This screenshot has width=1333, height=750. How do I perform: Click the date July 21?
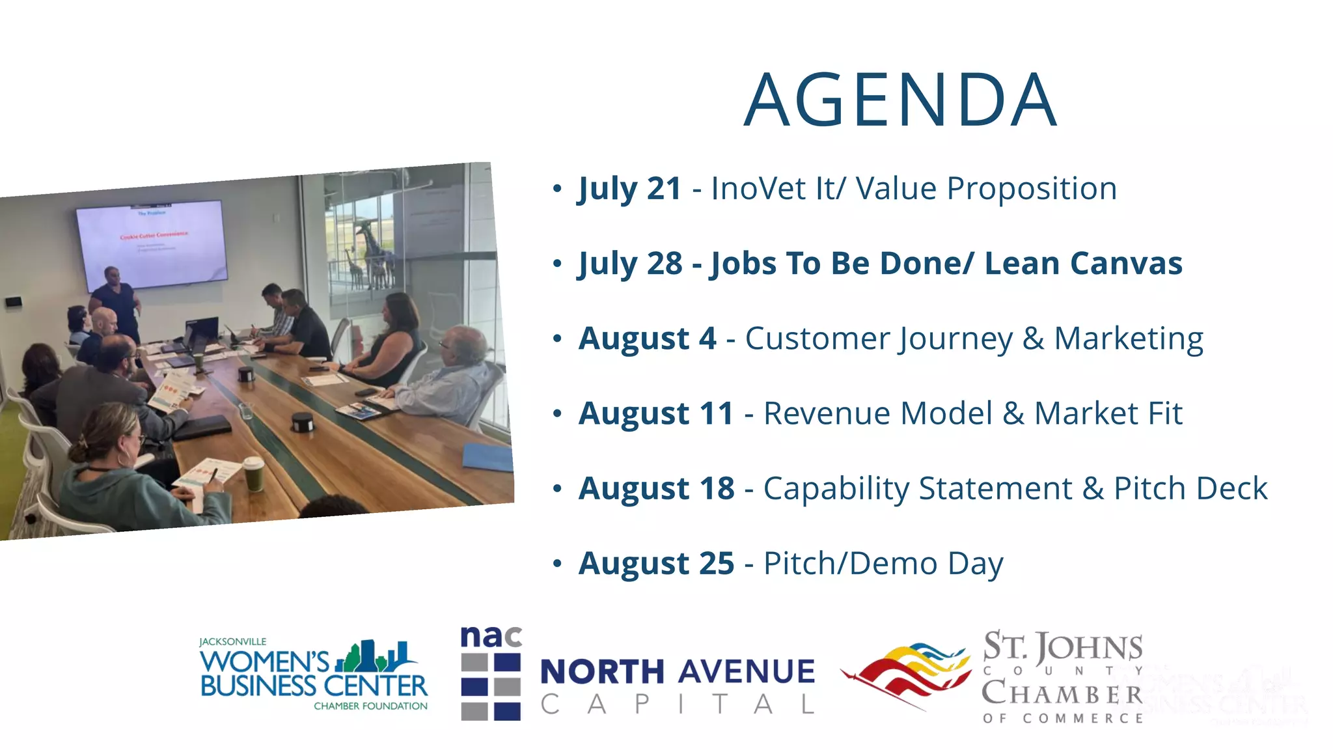[629, 189]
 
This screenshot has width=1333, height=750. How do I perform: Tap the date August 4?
[647, 339]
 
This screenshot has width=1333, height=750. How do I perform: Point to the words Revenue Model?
[877, 413]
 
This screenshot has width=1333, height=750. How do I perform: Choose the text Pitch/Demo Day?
[883, 563]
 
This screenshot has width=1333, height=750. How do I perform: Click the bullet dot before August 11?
[557, 414]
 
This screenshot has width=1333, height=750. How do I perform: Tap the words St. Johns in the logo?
[1062, 646]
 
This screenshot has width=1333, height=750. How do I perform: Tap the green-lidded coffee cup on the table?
[253, 473]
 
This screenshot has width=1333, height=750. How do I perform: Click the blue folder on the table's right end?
[488, 457]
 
